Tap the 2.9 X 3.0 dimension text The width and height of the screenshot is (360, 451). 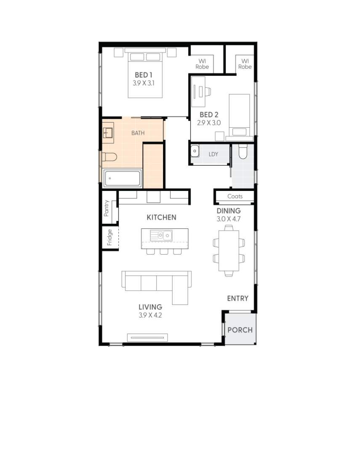(209, 123)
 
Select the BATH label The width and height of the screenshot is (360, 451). (138, 133)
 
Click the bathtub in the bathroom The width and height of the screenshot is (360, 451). (123, 179)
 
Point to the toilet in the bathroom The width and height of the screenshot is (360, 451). (109, 157)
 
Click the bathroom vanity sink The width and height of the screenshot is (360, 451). (108, 133)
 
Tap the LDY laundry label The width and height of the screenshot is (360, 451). (213, 154)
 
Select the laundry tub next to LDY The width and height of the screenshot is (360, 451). (195, 151)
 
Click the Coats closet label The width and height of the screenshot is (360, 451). (235, 196)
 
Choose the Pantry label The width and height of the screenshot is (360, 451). (107, 208)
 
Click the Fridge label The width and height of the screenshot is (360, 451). (109, 237)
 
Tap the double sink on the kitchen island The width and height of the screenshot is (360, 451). (162, 235)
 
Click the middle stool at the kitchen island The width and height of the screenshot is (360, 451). (164, 252)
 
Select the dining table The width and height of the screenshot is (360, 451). (229, 251)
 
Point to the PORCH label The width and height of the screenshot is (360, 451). (240, 330)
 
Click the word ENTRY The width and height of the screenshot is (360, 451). (237, 298)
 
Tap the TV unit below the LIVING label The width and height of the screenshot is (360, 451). (148, 337)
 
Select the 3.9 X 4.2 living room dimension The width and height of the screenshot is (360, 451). (150, 315)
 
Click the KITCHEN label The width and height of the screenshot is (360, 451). (161, 217)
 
